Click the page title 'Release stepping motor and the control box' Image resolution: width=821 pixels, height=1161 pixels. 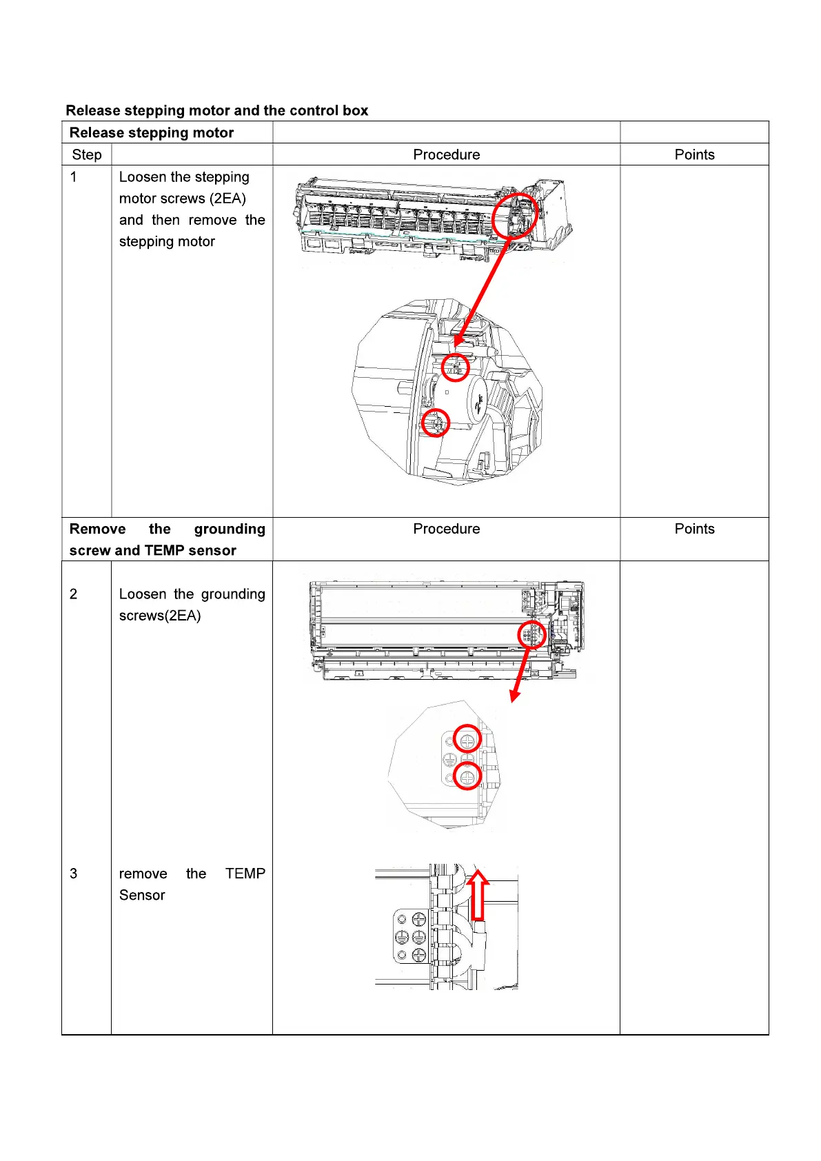216,110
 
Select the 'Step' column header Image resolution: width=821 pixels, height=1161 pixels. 87,154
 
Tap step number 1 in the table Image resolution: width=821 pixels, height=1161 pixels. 74,177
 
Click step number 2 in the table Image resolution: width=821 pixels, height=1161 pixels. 74,594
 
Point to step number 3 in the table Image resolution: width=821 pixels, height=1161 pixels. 74,874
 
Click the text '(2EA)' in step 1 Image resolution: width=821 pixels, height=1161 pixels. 227,199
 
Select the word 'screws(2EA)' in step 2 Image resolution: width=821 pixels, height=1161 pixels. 160,616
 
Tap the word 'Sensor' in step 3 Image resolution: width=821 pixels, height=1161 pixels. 142,895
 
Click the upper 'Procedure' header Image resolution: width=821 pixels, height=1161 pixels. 446,154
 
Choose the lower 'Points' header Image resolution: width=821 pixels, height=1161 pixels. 694,529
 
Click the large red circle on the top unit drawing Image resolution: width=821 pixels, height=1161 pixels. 515,216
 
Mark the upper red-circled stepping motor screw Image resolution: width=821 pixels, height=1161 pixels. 455,367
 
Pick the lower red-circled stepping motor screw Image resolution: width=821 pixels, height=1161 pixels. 435,423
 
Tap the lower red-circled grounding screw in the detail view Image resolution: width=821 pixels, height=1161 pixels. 467,777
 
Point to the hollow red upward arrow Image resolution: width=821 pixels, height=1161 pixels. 478,894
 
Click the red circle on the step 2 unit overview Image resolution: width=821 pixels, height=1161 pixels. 531,634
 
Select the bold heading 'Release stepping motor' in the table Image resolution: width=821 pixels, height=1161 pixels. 152,132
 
